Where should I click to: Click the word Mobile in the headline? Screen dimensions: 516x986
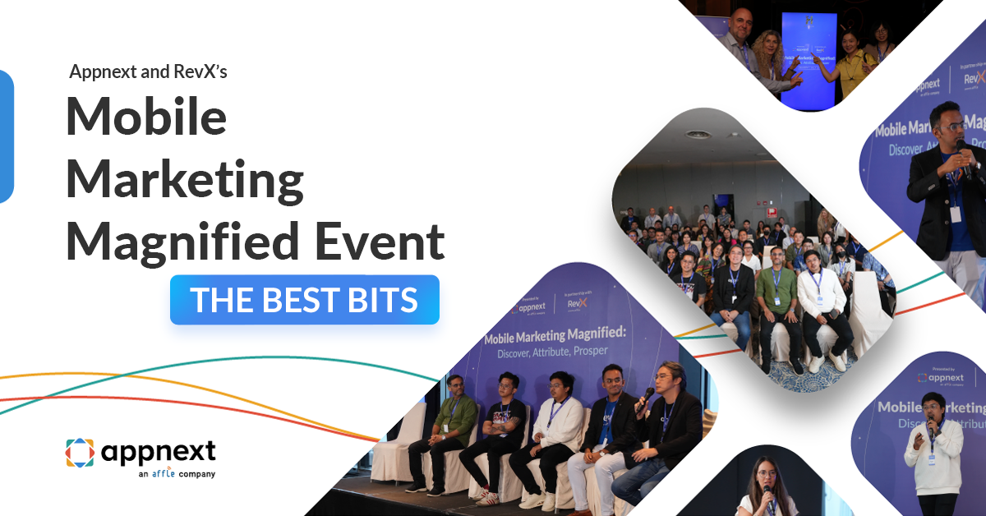[x=146, y=116]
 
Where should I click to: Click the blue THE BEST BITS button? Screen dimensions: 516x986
[x=304, y=300]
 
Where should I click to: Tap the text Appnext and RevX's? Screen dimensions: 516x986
[x=148, y=72]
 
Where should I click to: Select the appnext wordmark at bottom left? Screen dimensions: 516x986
[x=158, y=451]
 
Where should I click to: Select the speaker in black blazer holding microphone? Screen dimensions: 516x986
[x=945, y=197]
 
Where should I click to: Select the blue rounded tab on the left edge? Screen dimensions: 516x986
[x=6, y=136]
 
